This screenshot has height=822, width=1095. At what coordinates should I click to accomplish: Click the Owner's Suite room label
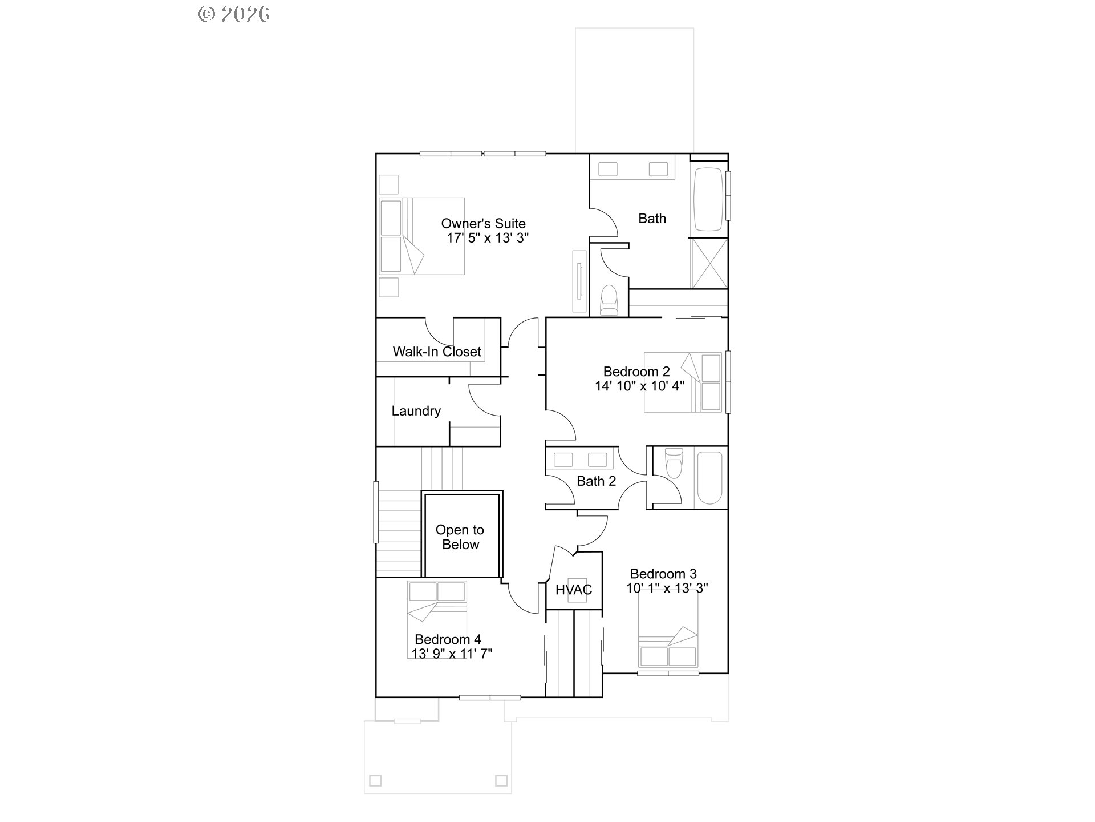(x=483, y=224)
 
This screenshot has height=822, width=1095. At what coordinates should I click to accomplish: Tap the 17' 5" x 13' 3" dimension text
(x=488, y=238)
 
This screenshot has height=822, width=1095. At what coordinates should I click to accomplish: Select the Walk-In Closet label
(x=437, y=352)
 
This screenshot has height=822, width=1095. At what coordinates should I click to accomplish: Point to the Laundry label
(x=416, y=411)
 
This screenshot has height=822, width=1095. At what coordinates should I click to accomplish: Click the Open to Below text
(x=460, y=537)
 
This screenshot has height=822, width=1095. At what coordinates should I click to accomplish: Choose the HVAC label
(x=574, y=590)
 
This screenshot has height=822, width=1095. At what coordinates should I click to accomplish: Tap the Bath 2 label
(x=597, y=481)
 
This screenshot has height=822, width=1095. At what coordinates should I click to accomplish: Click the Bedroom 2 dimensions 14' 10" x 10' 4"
(x=639, y=386)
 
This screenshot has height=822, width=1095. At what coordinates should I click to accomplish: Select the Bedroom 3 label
(x=663, y=574)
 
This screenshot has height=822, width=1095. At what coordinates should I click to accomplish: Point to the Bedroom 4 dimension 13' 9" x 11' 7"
(x=452, y=654)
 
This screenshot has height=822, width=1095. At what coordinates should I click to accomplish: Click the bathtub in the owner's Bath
(x=709, y=199)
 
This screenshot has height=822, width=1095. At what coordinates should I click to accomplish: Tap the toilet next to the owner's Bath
(x=609, y=300)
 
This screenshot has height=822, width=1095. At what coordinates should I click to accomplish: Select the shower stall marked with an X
(x=709, y=263)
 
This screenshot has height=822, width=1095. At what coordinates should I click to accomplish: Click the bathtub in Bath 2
(x=710, y=478)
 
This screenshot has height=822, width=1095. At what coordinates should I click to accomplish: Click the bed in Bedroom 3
(x=668, y=628)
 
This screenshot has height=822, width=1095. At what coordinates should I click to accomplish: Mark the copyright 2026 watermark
(x=234, y=14)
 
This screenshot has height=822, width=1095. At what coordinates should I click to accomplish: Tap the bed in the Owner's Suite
(x=421, y=236)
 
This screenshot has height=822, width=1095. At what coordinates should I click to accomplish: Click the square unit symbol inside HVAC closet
(x=573, y=589)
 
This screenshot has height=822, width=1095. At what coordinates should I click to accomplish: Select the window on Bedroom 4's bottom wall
(x=490, y=697)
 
